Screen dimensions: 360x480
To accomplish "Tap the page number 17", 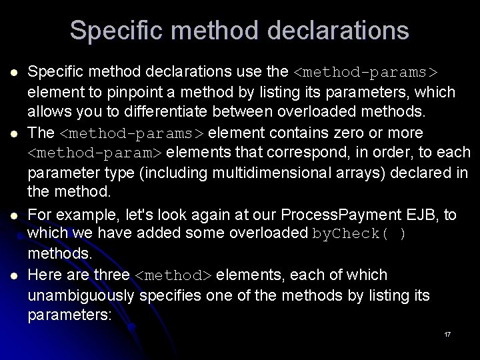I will click(447, 334).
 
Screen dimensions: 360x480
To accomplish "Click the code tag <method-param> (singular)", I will click(96, 153).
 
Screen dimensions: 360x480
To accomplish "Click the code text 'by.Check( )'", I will click(359, 234).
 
